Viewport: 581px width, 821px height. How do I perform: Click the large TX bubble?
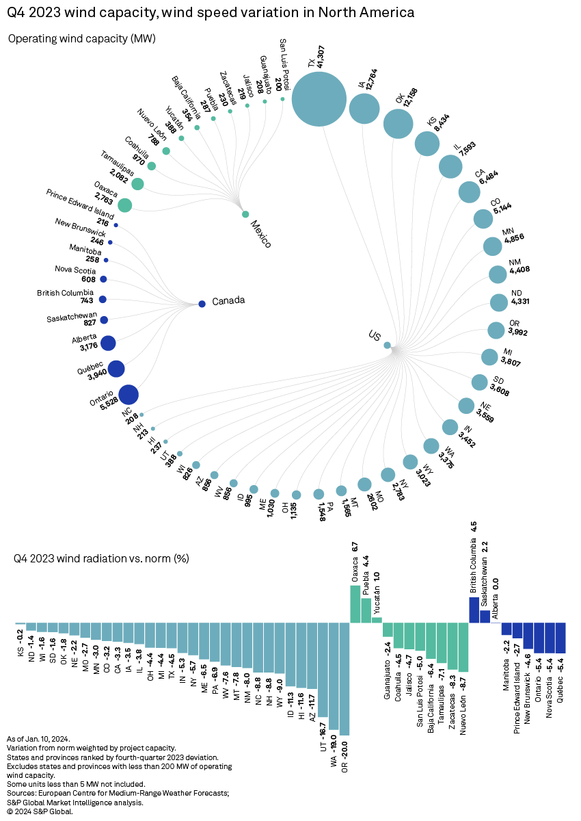[318, 99]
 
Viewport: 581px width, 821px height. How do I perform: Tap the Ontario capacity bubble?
[129, 395]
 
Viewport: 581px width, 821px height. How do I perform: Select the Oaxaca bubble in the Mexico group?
[124, 205]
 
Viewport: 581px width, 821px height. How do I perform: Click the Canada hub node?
[202, 304]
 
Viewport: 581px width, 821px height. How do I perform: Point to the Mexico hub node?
[245, 214]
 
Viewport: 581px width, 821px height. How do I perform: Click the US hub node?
[387, 346]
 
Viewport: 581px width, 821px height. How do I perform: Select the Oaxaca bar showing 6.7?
[355, 603]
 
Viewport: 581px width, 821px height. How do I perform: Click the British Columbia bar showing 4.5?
[474, 610]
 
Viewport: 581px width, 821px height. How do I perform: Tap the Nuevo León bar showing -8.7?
[463, 647]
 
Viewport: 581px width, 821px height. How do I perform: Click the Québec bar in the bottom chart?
[560, 638]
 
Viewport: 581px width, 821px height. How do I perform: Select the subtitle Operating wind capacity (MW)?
[82, 39]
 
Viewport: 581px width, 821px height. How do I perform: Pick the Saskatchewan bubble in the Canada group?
[104, 320]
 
